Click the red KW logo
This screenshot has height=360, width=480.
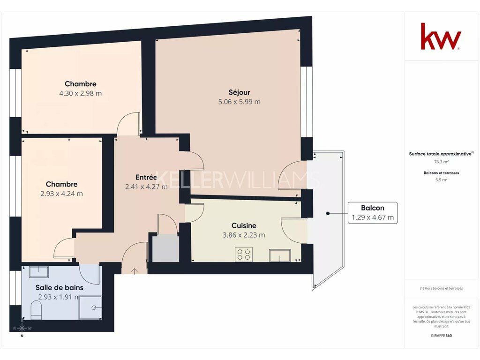tap(441, 36)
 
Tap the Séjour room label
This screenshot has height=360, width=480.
tap(240, 92)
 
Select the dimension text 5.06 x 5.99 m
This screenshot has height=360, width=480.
tap(240, 102)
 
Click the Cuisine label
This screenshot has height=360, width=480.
tap(244, 225)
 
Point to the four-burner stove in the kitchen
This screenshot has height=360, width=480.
tap(244, 255)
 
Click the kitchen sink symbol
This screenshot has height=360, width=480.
tap(280, 255)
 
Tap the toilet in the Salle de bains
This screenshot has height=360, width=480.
tap(36, 310)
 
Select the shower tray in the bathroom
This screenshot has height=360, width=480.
tap(90, 307)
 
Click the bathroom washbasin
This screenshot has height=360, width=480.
tap(38, 272)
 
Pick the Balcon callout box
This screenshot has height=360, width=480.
tap(373, 213)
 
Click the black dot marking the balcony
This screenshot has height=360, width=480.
tap(328, 213)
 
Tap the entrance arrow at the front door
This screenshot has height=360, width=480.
tap(135, 271)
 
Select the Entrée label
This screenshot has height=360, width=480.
tap(146, 177)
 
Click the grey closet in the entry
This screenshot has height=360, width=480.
tap(165, 248)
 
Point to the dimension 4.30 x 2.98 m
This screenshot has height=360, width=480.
tap(81, 93)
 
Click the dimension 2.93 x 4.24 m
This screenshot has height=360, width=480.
tap(61, 194)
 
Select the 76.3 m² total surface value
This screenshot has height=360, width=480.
tap(442, 162)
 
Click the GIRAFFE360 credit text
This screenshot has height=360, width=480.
tap(442, 336)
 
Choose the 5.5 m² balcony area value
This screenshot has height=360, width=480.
tap(442, 180)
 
